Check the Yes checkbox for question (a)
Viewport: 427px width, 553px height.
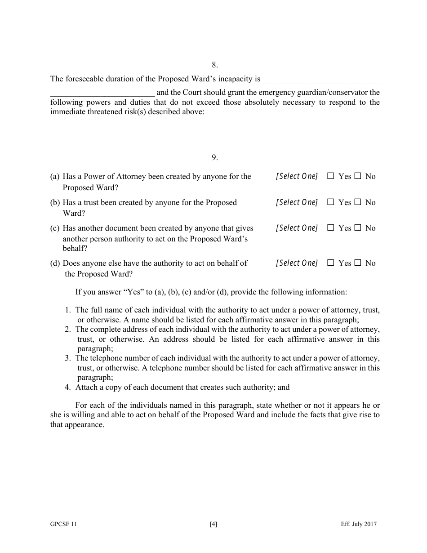[331, 177]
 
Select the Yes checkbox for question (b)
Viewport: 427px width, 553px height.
[331, 203]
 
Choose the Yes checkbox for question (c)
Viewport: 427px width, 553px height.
[331, 228]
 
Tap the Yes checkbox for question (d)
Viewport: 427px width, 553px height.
[331, 263]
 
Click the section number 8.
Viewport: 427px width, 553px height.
[215, 65]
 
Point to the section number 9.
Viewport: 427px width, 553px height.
[215, 157]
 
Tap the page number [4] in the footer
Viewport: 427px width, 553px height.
[213, 524]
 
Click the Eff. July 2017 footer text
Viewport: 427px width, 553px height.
[359, 524]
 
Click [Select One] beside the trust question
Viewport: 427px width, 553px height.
[297, 203]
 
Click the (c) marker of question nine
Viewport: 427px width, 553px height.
[55, 228]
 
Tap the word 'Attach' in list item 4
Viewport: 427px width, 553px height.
[86, 387]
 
